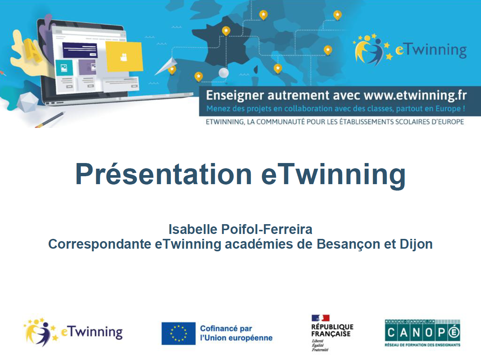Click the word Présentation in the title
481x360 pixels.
(163, 174)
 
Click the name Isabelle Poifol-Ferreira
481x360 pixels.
(240, 229)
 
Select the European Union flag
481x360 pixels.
(178, 333)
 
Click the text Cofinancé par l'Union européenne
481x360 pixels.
(236, 333)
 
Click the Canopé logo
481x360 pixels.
(422, 333)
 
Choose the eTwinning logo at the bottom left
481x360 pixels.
(73, 332)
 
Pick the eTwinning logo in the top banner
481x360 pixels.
(410, 50)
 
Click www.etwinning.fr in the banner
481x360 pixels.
(415, 95)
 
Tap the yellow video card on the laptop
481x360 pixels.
(124, 57)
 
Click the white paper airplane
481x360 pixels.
(166, 66)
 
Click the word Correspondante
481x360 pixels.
(100, 244)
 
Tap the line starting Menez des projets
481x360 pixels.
(335, 109)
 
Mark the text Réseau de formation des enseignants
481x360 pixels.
(422, 345)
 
